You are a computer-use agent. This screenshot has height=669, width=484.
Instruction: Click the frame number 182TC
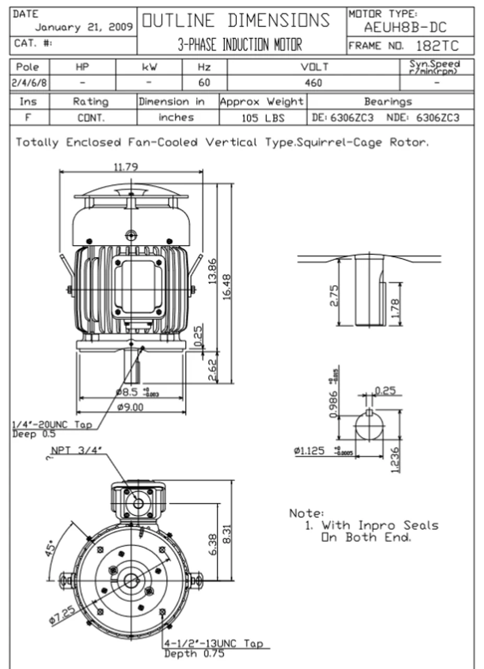pos(437,45)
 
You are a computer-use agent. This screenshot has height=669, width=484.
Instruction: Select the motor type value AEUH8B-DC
pos(405,27)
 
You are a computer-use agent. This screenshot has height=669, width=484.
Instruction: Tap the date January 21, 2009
pos(84,28)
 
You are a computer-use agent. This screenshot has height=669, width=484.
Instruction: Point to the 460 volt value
pos(313,83)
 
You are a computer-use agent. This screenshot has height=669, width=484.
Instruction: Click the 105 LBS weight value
pos(263,118)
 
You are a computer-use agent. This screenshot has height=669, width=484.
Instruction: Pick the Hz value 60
pos(204,83)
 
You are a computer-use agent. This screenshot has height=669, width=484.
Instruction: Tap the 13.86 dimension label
pos(213,272)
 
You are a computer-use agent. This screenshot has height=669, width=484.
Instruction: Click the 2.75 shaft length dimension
pos(335,295)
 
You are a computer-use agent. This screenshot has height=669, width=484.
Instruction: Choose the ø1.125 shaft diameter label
pos(309,451)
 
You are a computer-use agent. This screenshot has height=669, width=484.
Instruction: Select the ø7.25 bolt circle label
pos(62,616)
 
